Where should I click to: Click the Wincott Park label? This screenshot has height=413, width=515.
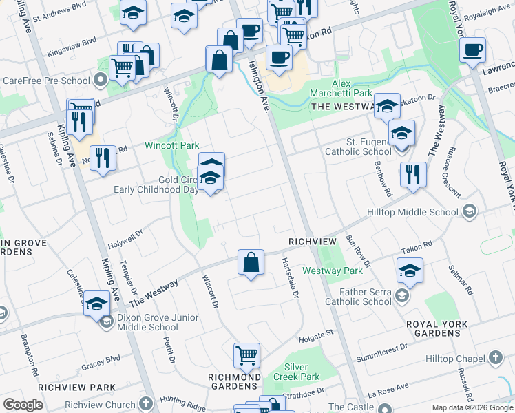coord(171,145)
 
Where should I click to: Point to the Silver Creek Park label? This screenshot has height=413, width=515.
coord(302,372)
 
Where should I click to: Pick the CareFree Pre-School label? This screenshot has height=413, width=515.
coord(46,81)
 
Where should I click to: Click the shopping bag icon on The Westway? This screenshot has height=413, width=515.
coord(251,262)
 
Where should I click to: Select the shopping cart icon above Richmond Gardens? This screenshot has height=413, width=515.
coord(246,356)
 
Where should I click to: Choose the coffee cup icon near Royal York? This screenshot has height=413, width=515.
coord(473,50)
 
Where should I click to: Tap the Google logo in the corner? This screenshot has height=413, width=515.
coord(23,405)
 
